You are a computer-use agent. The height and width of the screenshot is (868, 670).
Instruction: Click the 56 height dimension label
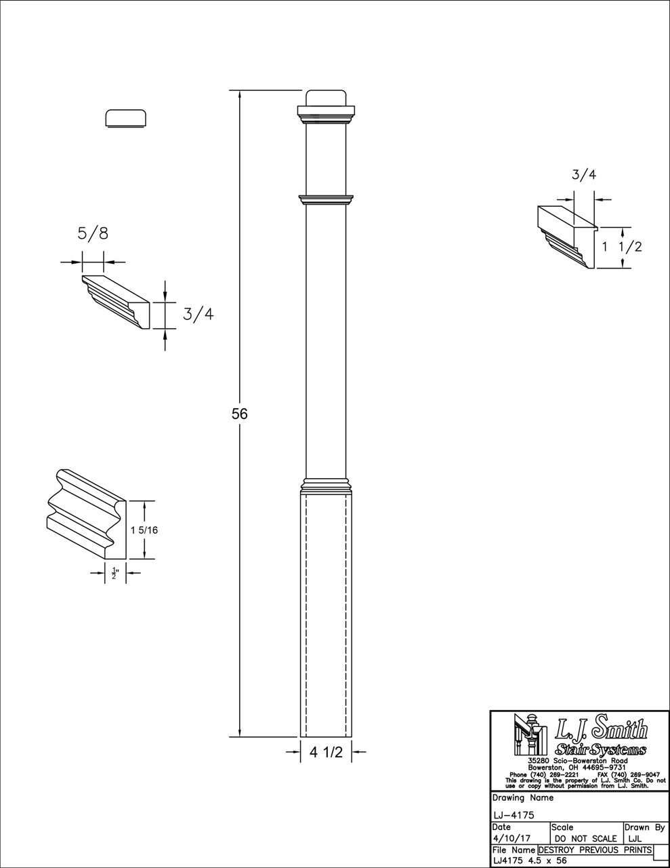coord(240,414)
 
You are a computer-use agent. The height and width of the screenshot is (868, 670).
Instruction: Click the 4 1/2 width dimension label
coord(327,751)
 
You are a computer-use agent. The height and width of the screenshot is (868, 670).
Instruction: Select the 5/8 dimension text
coord(93,234)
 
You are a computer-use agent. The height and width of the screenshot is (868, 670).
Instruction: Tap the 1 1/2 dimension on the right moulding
coord(621,247)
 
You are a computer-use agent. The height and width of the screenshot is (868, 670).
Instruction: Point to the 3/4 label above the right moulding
coord(584,174)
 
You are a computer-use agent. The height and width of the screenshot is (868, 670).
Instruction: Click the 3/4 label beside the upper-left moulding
coord(198,314)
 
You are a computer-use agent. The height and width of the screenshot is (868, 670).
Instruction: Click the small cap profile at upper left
coord(127,118)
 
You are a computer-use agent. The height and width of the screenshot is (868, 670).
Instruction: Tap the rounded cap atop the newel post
coord(326,98)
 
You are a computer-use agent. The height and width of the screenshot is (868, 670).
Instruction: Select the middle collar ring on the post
coord(326,199)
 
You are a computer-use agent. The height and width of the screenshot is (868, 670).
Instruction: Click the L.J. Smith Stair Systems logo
coord(579,739)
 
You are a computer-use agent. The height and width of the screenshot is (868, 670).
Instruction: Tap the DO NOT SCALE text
coord(585,839)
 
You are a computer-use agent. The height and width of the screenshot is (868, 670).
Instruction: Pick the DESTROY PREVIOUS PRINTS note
coord(595,850)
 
